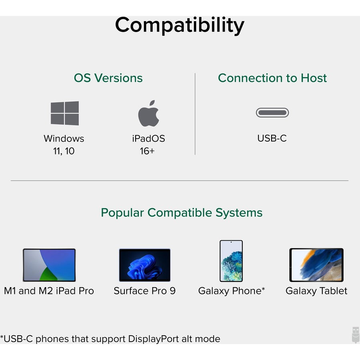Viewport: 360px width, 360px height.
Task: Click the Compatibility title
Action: (180, 25)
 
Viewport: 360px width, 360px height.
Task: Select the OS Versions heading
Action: (108, 78)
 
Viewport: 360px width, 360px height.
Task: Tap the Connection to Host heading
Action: (272, 78)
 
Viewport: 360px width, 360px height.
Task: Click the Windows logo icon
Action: (65, 113)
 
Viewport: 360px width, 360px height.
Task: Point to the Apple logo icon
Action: (148, 114)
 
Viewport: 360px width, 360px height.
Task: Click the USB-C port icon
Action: (272, 112)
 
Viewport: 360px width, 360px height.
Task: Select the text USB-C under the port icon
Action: (272, 138)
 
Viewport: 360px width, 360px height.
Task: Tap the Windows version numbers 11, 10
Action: (64, 151)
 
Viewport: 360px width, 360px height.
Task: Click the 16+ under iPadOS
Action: (147, 151)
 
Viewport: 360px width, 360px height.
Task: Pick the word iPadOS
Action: (148, 138)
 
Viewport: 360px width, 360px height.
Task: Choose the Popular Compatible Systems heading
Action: (182, 212)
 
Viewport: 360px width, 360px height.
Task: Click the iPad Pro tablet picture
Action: (49, 265)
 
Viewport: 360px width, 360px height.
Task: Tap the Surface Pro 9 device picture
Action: (145, 265)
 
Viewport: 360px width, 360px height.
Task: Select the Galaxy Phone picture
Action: (231, 261)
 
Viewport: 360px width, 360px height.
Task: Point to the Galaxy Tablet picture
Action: (316, 265)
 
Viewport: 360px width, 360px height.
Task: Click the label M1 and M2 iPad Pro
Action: (49, 291)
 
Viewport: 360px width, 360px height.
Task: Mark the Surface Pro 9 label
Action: (145, 291)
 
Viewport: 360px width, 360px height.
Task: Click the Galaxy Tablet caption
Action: (316, 291)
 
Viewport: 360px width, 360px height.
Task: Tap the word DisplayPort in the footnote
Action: (153, 339)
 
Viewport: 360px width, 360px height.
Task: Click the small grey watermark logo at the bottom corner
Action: (356, 335)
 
